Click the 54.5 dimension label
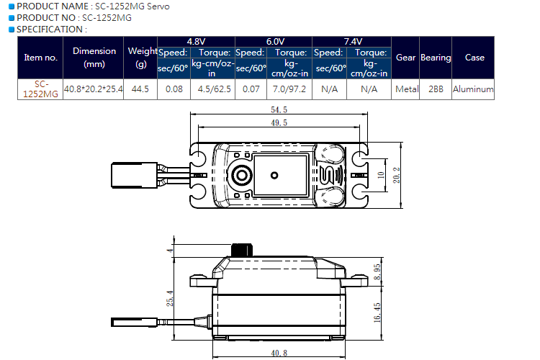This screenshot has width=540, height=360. pyautogui.click(x=279, y=110)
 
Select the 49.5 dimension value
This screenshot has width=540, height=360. pyautogui.click(x=279, y=122)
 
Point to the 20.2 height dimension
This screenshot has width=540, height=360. pyautogui.click(x=397, y=175)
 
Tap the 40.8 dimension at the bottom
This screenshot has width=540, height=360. pyautogui.click(x=279, y=353)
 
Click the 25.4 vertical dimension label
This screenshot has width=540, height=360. pyautogui.click(x=170, y=298)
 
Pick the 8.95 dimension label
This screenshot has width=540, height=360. pyautogui.click(x=377, y=272)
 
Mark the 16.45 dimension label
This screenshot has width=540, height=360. pyautogui.click(x=377, y=312)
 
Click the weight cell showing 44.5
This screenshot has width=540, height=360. pyautogui.click(x=140, y=89)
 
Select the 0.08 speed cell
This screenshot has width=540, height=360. pyautogui.click(x=174, y=89)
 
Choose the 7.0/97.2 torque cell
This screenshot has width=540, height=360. pyautogui.click(x=289, y=89)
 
